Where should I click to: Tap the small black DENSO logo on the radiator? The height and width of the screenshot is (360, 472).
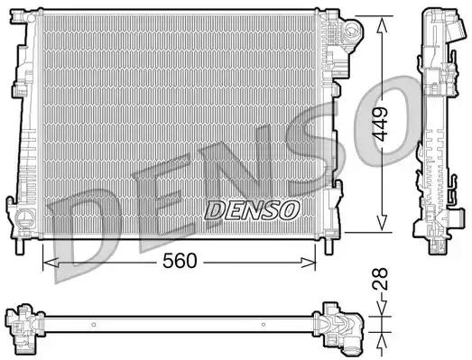[252, 210]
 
